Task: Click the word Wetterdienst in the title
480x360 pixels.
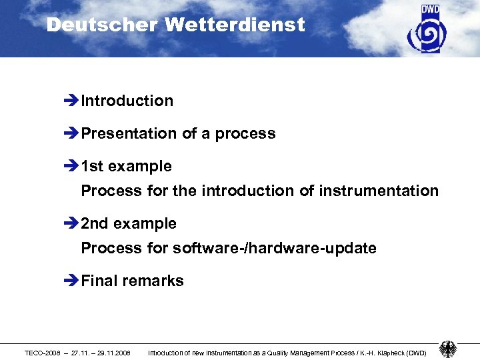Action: point(235,25)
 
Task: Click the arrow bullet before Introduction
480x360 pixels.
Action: point(71,101)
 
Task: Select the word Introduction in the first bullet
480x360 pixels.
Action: point(127,101)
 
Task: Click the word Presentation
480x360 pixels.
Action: point(129,133)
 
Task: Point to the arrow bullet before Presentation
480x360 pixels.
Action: point(71,134)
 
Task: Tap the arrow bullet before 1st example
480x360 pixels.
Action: point(71,167)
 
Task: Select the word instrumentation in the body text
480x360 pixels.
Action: point(379,191)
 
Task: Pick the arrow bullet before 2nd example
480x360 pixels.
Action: point(71,224)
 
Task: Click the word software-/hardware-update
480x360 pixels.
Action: point(274,249)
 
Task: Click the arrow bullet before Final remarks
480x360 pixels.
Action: point(71,281)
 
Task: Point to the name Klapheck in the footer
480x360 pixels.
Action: point(387,352)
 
